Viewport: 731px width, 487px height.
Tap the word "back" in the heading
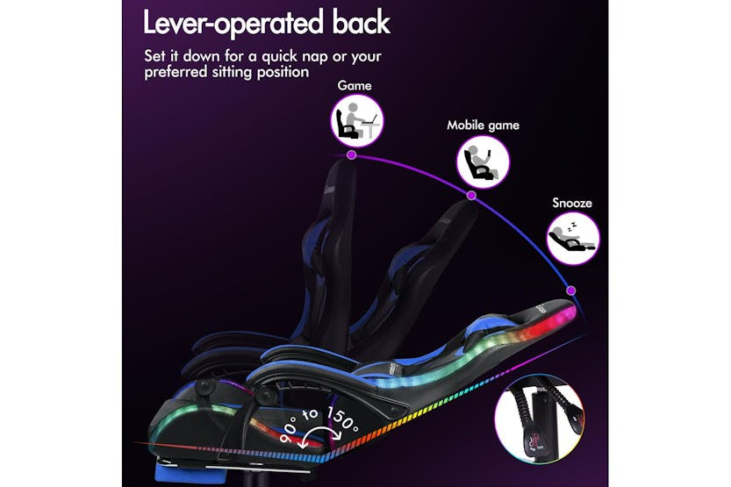362,22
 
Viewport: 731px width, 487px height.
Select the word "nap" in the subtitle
314,56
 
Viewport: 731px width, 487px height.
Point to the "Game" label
355,86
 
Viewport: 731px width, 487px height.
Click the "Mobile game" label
483,125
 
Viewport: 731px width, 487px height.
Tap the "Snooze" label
572,204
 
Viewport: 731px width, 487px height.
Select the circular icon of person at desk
357,121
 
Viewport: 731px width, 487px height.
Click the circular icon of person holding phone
483,161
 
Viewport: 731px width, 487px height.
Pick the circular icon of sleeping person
573,238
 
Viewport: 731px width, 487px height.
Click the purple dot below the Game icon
352,155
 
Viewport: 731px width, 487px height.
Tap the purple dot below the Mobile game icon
471,196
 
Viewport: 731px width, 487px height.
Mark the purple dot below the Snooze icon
571,290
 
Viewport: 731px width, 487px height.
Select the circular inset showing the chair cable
539,419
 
